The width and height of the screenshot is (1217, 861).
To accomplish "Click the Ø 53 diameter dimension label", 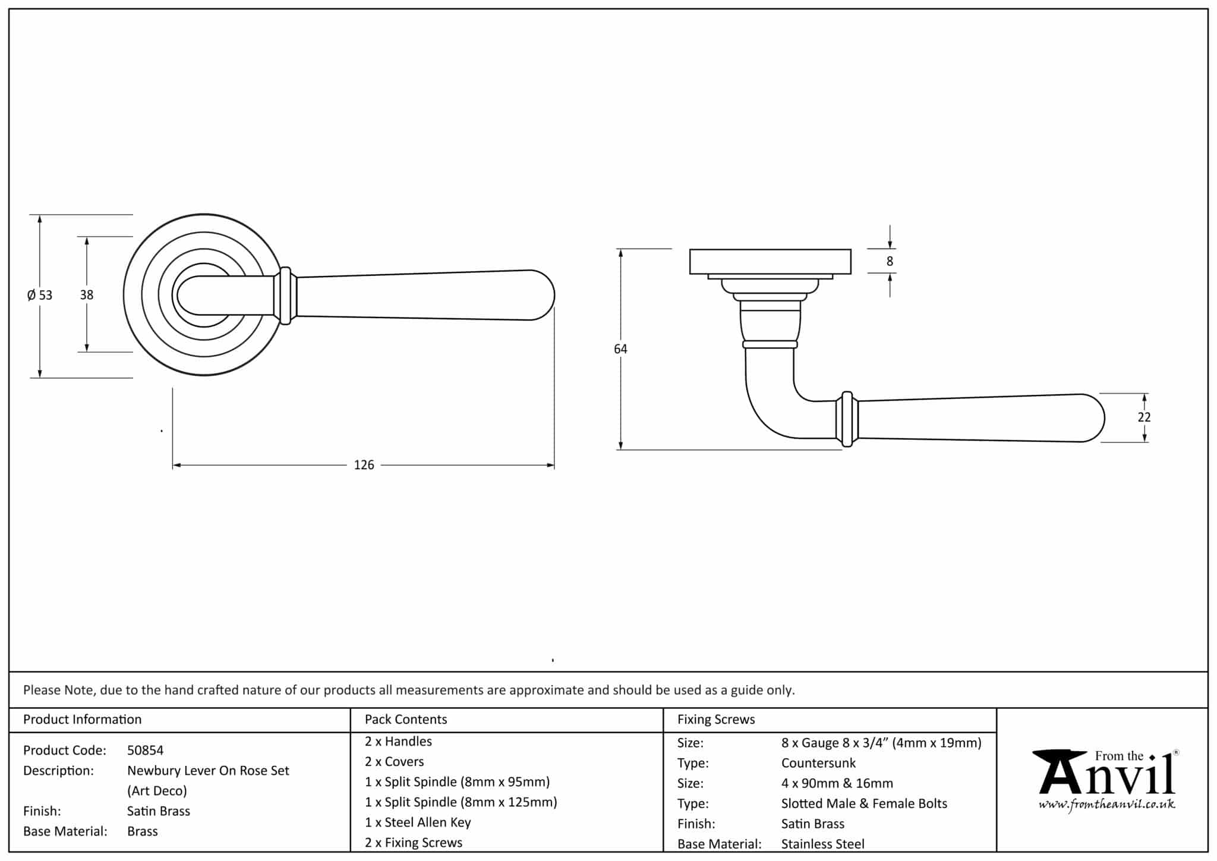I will click(40, 295).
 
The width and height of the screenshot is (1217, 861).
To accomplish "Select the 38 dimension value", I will click(87, 294).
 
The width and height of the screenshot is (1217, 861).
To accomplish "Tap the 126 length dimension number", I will click(364, 465).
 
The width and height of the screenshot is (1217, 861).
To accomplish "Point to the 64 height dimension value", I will click(620, 349).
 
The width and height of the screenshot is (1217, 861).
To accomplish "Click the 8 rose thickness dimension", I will click(890, 261).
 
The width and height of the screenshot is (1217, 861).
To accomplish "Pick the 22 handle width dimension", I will click(1144, 417).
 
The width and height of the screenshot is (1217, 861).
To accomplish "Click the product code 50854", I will click(145, 750).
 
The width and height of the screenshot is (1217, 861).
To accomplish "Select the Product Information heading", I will click(82, 719).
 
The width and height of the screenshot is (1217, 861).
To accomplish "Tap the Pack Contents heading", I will click(406, 719).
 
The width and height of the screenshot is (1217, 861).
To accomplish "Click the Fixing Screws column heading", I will click(716, 719).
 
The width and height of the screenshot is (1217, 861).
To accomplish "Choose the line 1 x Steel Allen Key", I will click(418, 822).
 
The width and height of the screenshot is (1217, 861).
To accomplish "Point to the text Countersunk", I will click(818, 763).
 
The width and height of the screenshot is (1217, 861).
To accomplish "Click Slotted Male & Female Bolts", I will click(864, 803).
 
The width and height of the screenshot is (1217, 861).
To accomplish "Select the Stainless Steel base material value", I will click(822, 844).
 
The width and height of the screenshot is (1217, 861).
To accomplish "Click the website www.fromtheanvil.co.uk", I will click(1106, 805).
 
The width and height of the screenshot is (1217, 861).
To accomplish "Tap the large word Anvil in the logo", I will click(1105, 776).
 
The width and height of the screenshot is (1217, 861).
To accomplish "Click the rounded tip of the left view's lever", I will click(544, 296).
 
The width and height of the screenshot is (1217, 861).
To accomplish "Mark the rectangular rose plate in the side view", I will click(770, 262).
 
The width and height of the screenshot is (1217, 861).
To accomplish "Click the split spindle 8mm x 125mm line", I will click(461, 802).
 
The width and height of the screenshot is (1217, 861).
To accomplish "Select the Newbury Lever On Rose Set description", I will click(208, 771).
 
